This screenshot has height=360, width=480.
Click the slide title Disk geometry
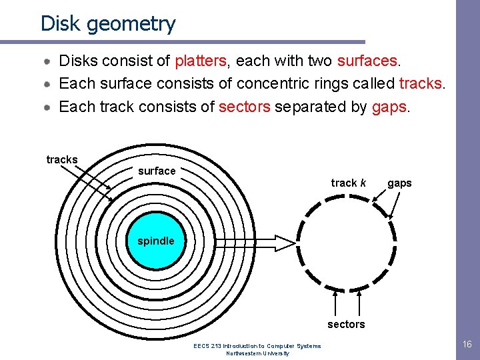point(108,23)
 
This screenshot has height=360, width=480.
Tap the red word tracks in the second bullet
point(421,84)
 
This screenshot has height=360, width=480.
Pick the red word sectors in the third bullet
point(244,107)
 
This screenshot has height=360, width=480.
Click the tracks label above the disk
point(62,160)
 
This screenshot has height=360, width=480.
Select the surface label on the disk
point(157,171)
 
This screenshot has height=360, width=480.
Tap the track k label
point(348,183)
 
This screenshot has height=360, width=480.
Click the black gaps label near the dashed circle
point(399,183)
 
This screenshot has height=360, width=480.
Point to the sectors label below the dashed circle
point(346,325)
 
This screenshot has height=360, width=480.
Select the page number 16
point(467,345)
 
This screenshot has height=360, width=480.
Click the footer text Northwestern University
point(257,353)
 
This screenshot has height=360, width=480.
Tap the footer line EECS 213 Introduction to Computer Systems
point(257,346)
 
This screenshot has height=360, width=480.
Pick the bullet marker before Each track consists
point(49,107)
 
